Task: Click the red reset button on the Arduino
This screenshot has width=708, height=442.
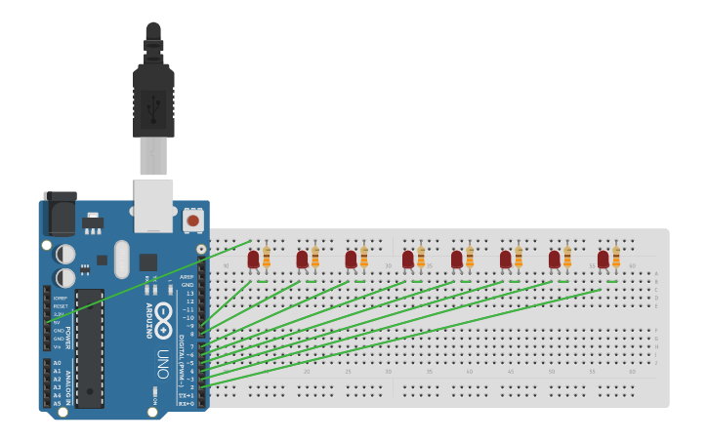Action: point(192,221)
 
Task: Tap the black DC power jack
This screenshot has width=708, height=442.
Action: point(60,213)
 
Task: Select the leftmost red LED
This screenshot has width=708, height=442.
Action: point(254,259)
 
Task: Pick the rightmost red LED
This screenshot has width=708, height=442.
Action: point(604,259)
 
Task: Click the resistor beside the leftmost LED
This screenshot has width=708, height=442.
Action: point(267,258)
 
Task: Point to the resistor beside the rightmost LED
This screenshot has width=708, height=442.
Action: point(616,258)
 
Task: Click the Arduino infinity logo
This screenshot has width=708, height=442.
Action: point(164,318)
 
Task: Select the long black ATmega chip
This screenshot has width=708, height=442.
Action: point(89,346)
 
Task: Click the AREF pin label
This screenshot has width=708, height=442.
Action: point(187,276)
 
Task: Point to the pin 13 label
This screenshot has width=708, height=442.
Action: point(189,293)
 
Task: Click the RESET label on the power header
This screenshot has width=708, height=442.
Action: point(61,305)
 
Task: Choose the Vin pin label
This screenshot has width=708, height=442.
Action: point(58,346)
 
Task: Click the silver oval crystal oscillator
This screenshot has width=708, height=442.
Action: point(121,259)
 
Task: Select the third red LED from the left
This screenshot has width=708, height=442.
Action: point(352,259)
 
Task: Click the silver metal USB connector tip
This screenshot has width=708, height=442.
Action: point(153,156)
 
